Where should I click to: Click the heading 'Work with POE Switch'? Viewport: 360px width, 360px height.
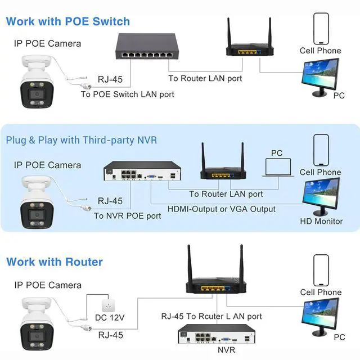[67, 22]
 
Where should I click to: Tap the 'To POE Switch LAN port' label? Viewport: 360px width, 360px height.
[128, 94]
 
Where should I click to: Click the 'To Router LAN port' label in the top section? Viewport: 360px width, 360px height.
[205, 78]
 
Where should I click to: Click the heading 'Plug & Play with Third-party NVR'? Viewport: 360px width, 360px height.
[82, 140]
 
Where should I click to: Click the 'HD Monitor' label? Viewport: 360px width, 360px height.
[321, 221]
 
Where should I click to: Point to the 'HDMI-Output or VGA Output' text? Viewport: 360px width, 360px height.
[222, 209]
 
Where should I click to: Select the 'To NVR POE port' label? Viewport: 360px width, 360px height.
[127, 215]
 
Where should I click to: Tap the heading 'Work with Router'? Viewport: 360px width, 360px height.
[55, 262]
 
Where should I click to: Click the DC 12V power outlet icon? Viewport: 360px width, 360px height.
[107, 304]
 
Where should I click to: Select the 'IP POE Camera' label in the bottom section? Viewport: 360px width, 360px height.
[48, 285]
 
